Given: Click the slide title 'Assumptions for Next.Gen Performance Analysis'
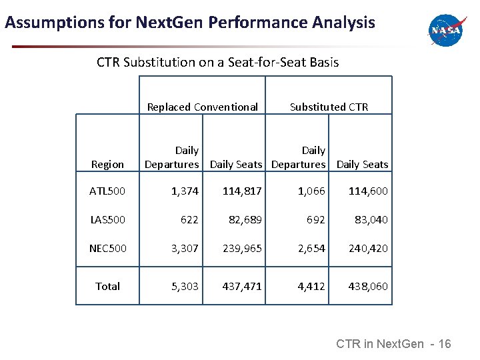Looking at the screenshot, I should (x=190, y=23).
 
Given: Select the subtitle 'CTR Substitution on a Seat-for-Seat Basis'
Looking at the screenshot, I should (x=217, y=63).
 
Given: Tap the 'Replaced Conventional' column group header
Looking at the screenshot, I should (x=202, y=107).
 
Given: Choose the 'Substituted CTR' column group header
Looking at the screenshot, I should (x=329, y=107).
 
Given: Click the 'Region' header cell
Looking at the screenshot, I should (x=107, y=164).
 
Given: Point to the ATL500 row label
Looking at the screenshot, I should (x=107, y=191).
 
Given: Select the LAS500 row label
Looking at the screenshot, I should (x=107, y=219).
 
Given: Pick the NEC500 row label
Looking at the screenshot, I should (x=107, y=248).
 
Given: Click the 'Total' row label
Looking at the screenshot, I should (x=107, y=286).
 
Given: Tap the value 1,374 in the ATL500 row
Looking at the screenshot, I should (x=185, y=191).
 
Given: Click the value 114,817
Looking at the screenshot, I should (x=242, y=191).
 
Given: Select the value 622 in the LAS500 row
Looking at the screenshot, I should (x=189, y=219).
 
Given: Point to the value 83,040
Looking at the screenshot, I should (x=368, y=219).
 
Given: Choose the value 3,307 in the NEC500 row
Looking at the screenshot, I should (x=185, y=248).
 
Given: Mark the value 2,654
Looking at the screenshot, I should (x=311, y=248).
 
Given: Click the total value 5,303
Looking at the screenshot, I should (x=185, y=286).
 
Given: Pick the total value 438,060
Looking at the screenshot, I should (x=368, y=286).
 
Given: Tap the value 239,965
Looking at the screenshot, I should (x=242, y=248).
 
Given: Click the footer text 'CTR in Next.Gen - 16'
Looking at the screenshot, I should (x=393, y=344).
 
